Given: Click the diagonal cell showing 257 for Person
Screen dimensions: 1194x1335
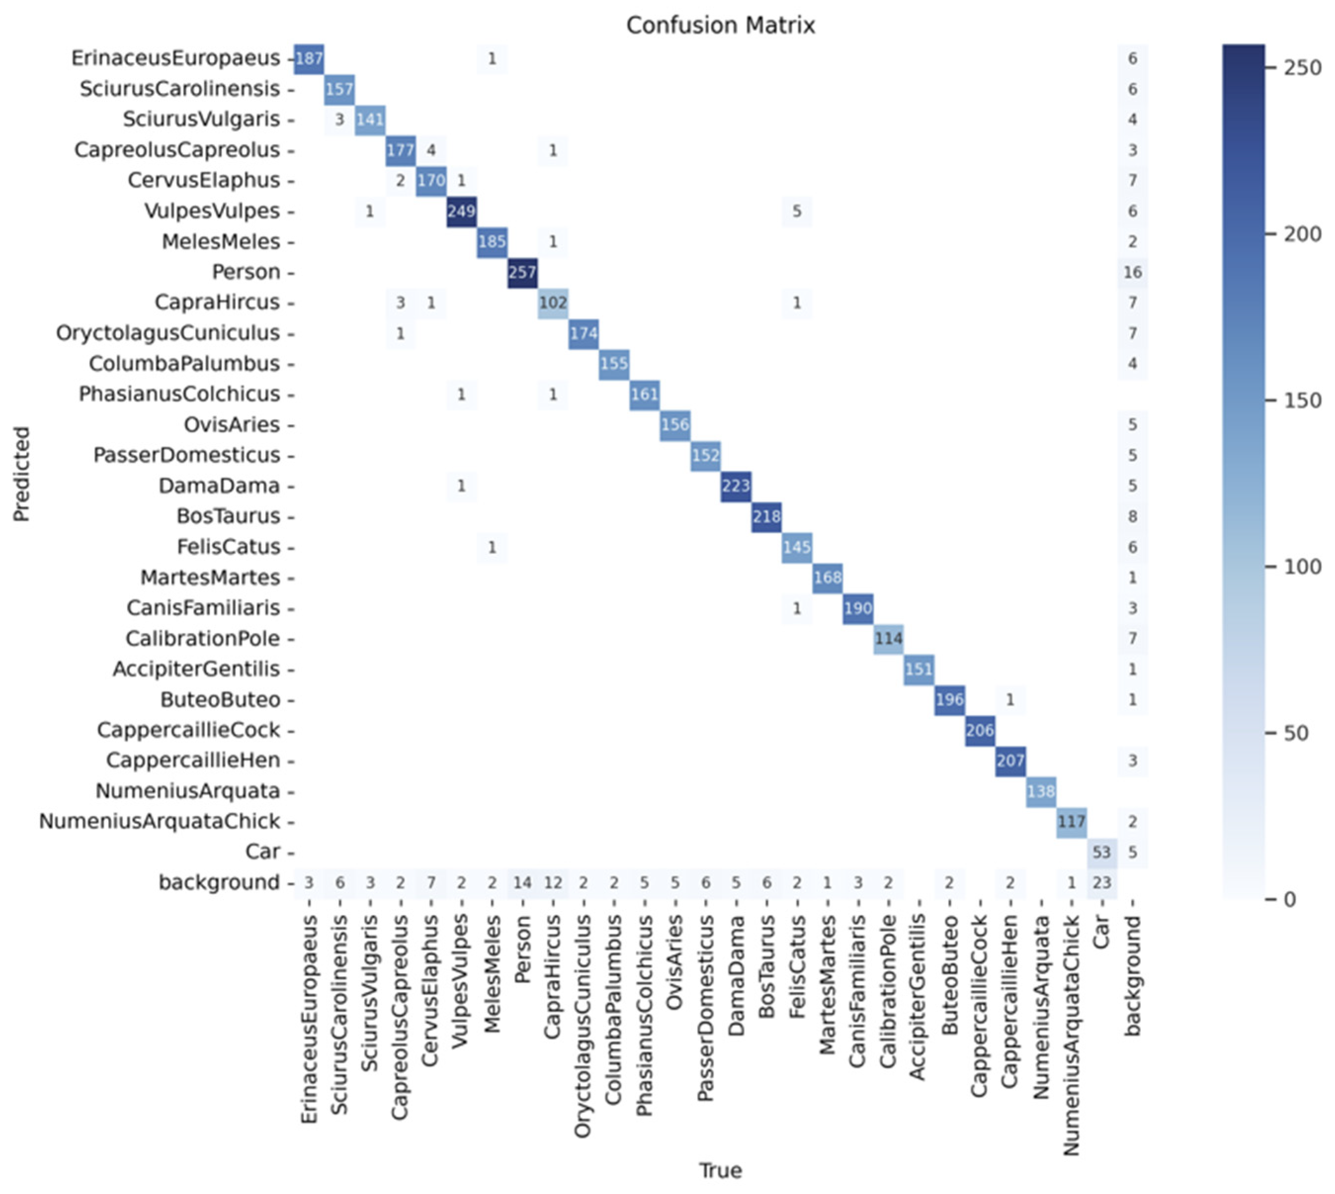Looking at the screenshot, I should click(522, 272).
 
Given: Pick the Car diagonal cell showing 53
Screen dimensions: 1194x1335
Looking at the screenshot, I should click(1101, 852).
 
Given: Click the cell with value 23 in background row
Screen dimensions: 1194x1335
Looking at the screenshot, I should click(1101, 882).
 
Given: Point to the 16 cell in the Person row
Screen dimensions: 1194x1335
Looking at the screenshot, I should click(1133, 272).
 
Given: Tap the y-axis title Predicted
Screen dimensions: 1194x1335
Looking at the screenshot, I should click(22, 474).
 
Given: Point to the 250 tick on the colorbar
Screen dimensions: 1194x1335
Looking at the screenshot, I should click(1302, 68).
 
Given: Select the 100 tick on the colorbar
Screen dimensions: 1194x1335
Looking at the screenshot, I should click(1302, 567).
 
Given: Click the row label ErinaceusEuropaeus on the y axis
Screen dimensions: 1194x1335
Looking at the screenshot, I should click(175, 58).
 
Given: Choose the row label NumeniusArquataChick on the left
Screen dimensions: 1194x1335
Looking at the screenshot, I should click(160, 822).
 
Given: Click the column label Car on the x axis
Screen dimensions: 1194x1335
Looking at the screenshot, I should click(1101, 932).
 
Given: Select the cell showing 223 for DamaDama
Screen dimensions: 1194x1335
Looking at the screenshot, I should click(735, 486).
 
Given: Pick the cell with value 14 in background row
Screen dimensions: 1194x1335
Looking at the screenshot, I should click(522, 882).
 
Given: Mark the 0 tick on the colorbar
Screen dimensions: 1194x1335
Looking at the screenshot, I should click(1289, 899).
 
